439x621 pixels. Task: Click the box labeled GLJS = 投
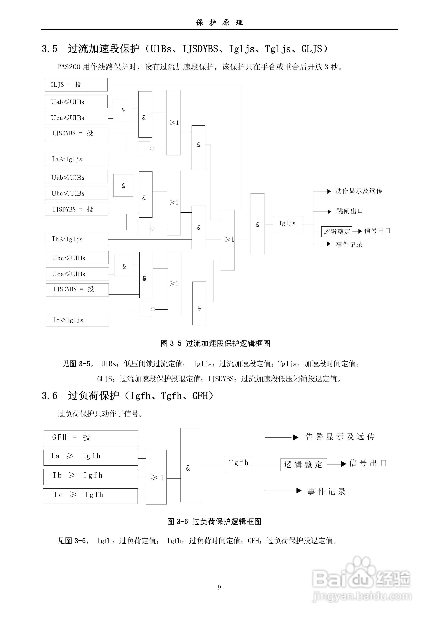pos(76,85)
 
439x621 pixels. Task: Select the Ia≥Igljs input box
pos(76,159)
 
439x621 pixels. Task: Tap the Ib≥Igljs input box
pos(76,239)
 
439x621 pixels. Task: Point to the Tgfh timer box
pos(238,464)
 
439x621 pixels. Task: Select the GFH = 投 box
pos(91,438)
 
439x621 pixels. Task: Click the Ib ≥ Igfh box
pos(90,477)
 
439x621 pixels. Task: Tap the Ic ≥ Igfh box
pos(90,496)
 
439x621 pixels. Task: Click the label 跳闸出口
pos(349,211)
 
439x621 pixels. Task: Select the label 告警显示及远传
pos(340,437)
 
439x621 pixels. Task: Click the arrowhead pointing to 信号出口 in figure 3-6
pos(343,464)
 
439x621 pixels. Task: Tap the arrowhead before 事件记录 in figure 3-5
pos(329,244)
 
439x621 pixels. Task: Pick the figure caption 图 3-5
pos(215,343)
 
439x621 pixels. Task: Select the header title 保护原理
pos(219,22)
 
